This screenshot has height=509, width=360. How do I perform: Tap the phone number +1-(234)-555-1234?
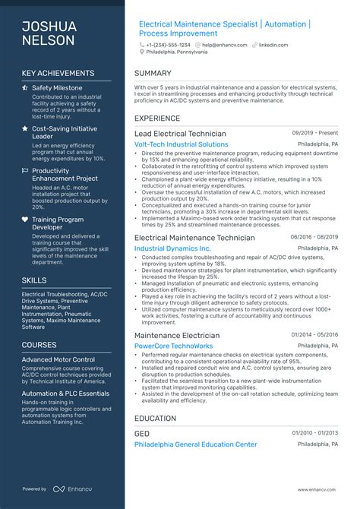[x=170, y=45]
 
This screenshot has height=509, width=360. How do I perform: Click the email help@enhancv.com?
[x=226, y=45]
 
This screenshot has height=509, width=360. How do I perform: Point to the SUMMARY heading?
[x=153, y=74]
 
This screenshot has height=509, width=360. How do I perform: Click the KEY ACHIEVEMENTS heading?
[x=58, y=74]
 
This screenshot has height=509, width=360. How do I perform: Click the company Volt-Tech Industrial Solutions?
[x=181, y=144]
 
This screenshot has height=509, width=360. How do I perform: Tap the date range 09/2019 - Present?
[x=315, y=133]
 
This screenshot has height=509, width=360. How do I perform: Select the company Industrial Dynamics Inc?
[x=172, y=248]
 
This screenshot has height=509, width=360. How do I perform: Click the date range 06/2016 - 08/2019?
[x=314, y=237]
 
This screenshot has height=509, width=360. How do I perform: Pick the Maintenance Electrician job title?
[x=177, y=335]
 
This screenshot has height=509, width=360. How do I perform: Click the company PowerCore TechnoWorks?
[x=174, y=346]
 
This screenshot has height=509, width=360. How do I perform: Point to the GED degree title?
[x=142, y=434]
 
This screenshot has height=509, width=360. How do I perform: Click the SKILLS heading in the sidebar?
[x=34, y=280]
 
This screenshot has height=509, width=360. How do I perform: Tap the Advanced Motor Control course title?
[x=58, y=359]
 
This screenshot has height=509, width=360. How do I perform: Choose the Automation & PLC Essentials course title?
[x=65, y=394]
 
